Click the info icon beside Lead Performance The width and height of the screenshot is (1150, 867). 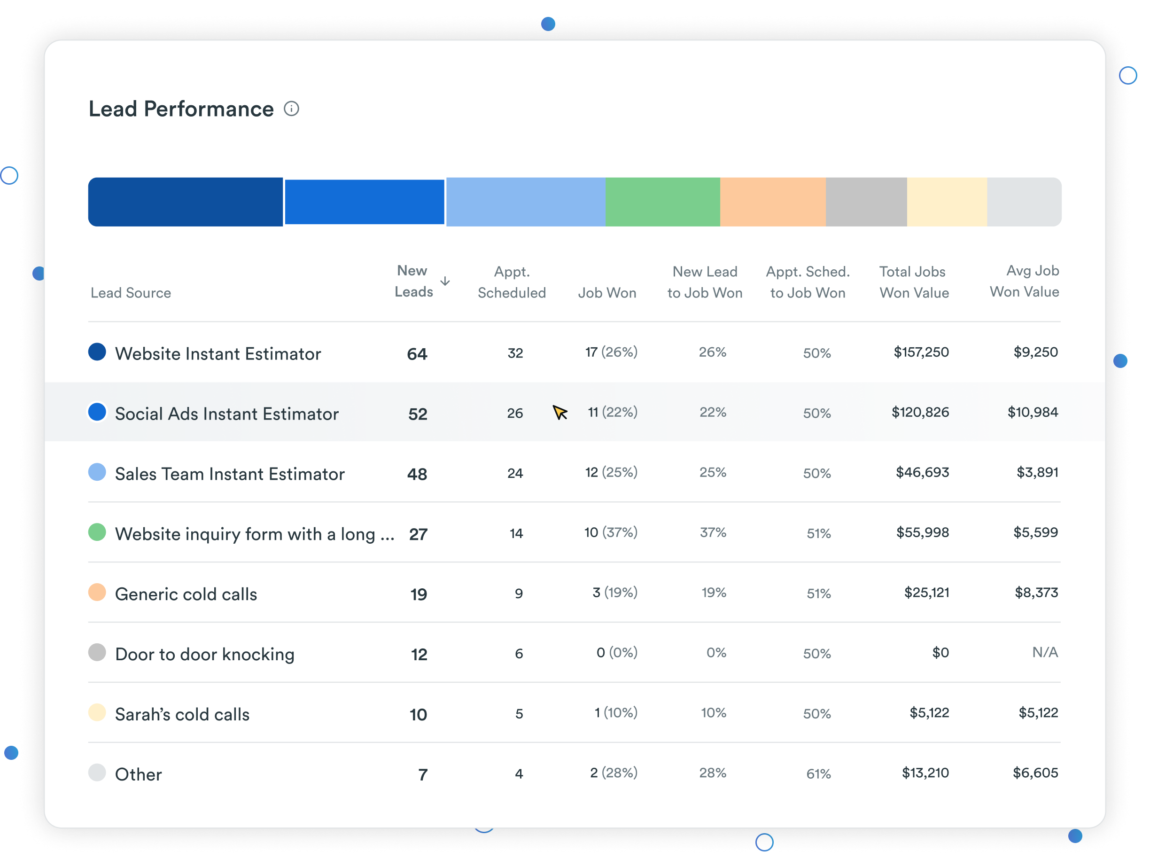point(291,109)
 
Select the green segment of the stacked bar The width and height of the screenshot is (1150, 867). point(662,202)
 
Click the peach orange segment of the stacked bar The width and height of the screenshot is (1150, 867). point(773,202)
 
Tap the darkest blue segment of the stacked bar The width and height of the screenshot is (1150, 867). point(186,202)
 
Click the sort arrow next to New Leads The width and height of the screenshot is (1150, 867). point(445,281)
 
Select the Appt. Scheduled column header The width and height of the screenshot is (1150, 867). point(512,282)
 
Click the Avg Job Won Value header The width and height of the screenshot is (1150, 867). point(1024,281)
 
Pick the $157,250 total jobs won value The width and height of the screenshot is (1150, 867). point(921,352)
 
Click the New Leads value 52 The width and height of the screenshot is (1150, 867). point(418,414)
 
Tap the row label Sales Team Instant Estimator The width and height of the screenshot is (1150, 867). point(229,474)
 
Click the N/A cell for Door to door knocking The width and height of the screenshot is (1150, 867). point(1044,652)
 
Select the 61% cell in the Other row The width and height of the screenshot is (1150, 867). point(818,774)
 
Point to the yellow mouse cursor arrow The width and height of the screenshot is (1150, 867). point(559,413)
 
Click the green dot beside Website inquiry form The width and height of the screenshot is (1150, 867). point(97,532)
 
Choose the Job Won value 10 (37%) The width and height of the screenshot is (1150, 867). point(610,532)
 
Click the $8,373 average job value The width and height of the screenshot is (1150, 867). point(1036,593)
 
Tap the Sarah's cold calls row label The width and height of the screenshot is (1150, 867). point(182,714)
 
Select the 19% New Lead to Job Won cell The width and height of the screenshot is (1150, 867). point(713,593)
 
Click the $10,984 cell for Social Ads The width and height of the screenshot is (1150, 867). point(1033,413)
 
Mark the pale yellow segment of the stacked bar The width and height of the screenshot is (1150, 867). point(947,202)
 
